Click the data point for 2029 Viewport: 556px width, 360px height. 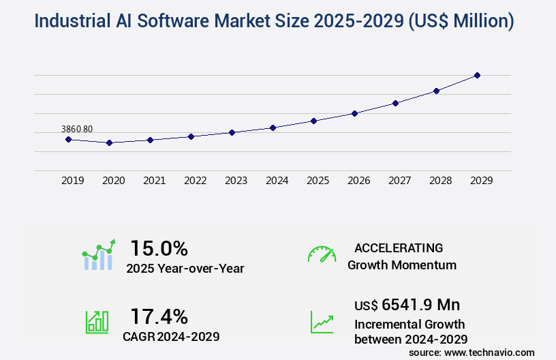click(x=477, y=75)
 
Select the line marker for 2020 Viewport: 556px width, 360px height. click(x=109, y=142)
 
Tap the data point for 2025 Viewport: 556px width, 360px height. click(x=313, y=121)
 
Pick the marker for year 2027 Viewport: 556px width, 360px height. click(x=395, y=103)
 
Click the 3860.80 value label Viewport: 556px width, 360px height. click(x=77, y=129)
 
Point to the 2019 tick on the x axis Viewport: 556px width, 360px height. click(x=73, y=181)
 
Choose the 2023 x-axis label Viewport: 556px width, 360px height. click(x=236, y=181)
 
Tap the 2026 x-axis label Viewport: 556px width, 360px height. click(x=359, y=181)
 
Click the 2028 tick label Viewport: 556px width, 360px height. click(x=441, y=181)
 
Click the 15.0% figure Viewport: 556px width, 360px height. click(x=159, y=248)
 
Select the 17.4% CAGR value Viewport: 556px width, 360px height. click(x=159, y=316)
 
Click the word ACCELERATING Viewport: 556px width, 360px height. click(x=399, y=248)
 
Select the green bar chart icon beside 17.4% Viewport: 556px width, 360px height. click(x=97, y=322)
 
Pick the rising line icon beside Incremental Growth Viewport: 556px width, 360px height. click(x=322, y=322)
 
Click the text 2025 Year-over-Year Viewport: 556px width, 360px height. click(x=185, y=269)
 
